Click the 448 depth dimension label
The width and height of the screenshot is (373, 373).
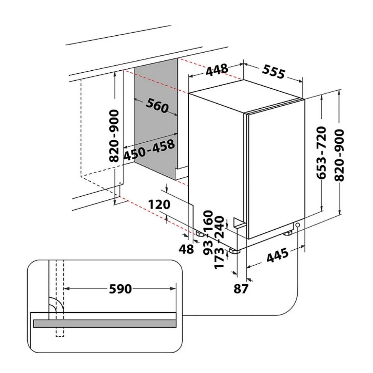pyautogui.click(x=217, y=70)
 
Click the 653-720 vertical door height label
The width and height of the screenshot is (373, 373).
pyautogui.click(x=321, y=153)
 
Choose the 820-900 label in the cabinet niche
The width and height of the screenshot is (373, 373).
pyautogui.click(x=114, y=136)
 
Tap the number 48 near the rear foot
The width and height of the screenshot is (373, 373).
pyautogui.click(x=187, y=249)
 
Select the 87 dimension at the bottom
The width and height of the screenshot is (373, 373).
pyautogui.click(x=241, y=289)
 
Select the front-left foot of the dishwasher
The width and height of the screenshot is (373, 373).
pyautogui.click(x=233, y=251)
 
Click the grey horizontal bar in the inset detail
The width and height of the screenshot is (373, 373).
pyautogui.click(x=104, y=323)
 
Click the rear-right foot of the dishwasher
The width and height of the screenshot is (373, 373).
pyautogui.click(x=288, y=233)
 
